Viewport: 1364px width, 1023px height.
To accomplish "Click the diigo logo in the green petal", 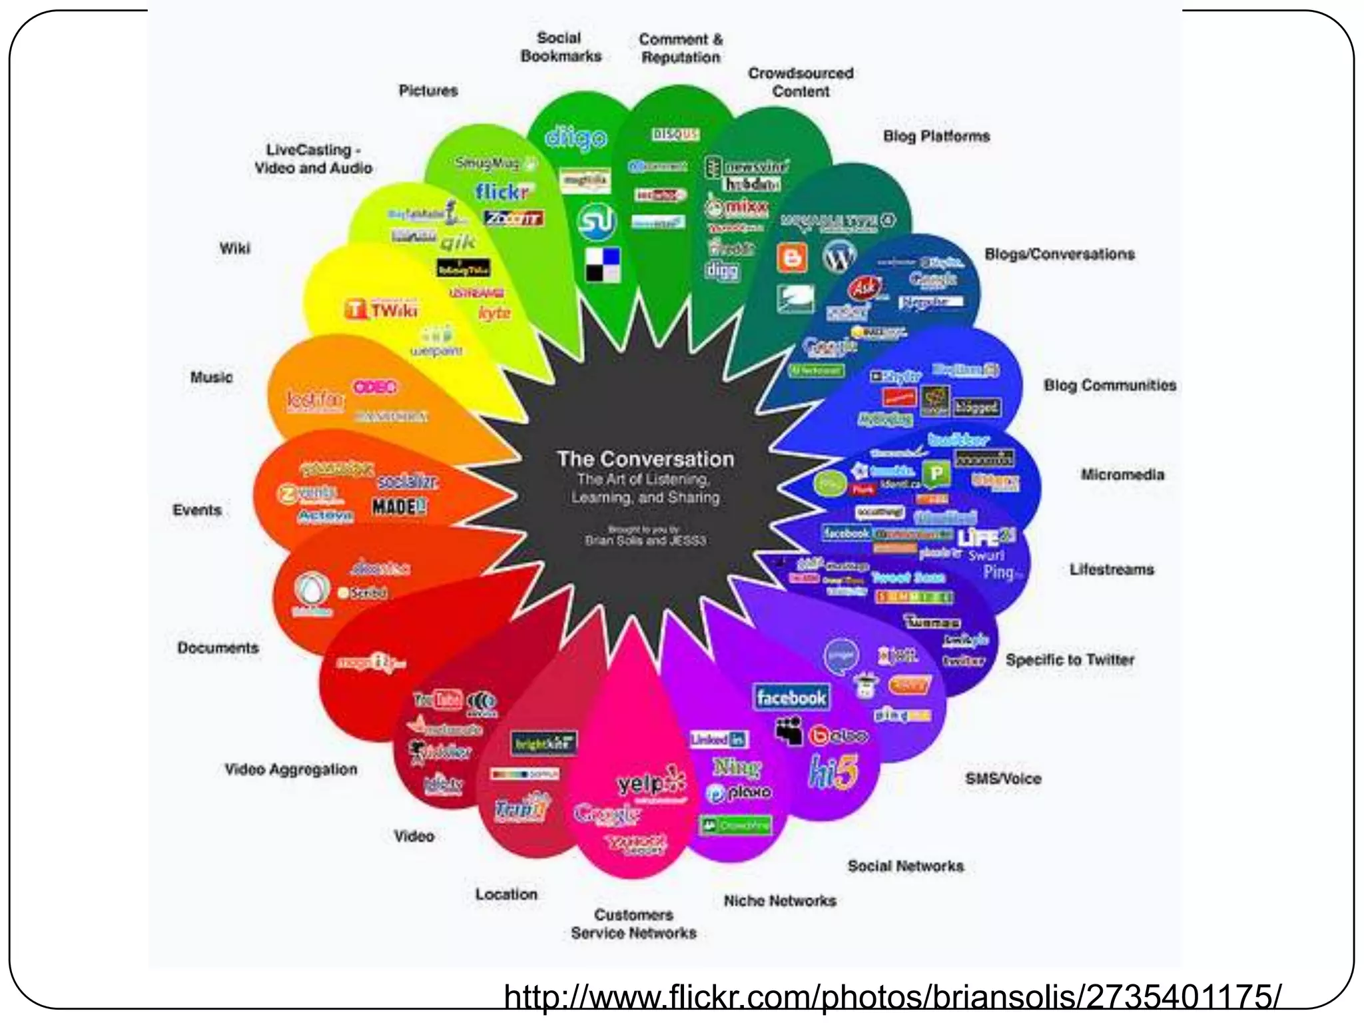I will (x=576, y=137).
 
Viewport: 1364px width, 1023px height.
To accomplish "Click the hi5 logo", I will (x=833, y=772).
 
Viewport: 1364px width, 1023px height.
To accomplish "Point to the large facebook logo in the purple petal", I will (x=791, y=698).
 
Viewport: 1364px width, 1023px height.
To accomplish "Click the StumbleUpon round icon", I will (x=596, y=222).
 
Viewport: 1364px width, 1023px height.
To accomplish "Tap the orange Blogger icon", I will (x=792, y=258).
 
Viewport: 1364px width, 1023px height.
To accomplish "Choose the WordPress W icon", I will (x=839, y=256).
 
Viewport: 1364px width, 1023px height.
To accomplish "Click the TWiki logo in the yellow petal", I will (x=382, y=310).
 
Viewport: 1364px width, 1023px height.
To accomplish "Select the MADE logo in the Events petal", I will (x=399, y=507).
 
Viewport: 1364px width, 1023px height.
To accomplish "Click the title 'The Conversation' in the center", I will (x=645, y=459).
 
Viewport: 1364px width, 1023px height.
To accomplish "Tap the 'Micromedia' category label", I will (x=1122, y=475).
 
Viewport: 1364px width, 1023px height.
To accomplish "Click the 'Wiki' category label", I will (x=235, y=248).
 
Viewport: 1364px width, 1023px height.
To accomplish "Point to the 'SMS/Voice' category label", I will (x=1003, y=779).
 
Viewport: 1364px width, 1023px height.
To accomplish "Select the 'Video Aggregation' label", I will (x=291, y=769).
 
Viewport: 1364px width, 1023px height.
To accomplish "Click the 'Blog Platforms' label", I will (x=936, y=136).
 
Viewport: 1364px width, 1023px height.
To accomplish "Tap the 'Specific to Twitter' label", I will (x=1070, y=659).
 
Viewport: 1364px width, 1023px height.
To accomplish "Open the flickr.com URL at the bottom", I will (x=892, y=997).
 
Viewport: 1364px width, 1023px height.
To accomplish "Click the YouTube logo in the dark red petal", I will (x=438, y=699).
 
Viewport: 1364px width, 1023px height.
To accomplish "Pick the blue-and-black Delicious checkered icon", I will (x=603, y=264).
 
